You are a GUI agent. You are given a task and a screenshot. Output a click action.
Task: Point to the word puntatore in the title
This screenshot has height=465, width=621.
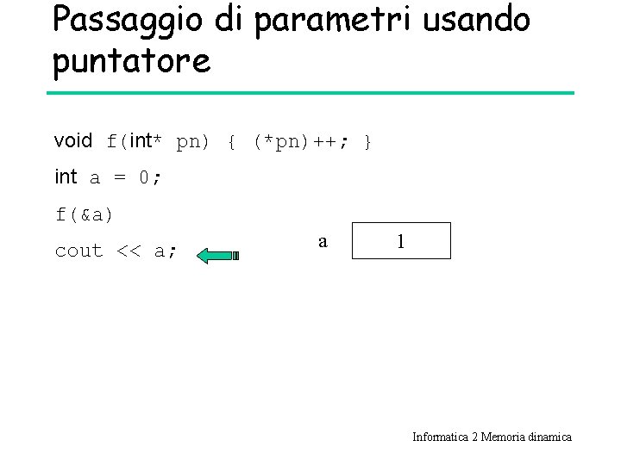[x=131, y=61]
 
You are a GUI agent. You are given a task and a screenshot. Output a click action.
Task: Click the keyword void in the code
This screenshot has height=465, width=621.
[x=72, y=140]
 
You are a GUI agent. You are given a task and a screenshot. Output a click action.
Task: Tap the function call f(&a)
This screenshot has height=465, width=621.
[x=85, y=214]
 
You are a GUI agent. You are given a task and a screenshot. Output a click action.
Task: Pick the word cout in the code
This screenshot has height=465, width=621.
[x=78, y=251]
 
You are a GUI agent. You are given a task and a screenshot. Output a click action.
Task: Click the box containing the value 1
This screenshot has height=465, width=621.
[x=401, y=241]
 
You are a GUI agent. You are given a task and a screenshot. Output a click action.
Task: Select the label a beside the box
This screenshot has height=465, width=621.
[x=323, y=242]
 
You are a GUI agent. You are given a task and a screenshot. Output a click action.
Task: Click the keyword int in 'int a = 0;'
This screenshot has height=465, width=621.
[x=66, y=177]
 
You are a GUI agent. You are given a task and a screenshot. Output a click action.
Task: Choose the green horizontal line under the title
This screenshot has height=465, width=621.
[x=310, y=93]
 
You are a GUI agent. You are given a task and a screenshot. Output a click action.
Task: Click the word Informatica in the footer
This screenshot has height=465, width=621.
[x=439, y=437]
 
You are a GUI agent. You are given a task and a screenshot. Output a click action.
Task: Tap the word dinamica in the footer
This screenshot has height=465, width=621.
[x=549, y=437]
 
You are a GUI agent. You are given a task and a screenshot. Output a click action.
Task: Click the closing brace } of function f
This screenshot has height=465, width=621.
[x=368, y=141]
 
